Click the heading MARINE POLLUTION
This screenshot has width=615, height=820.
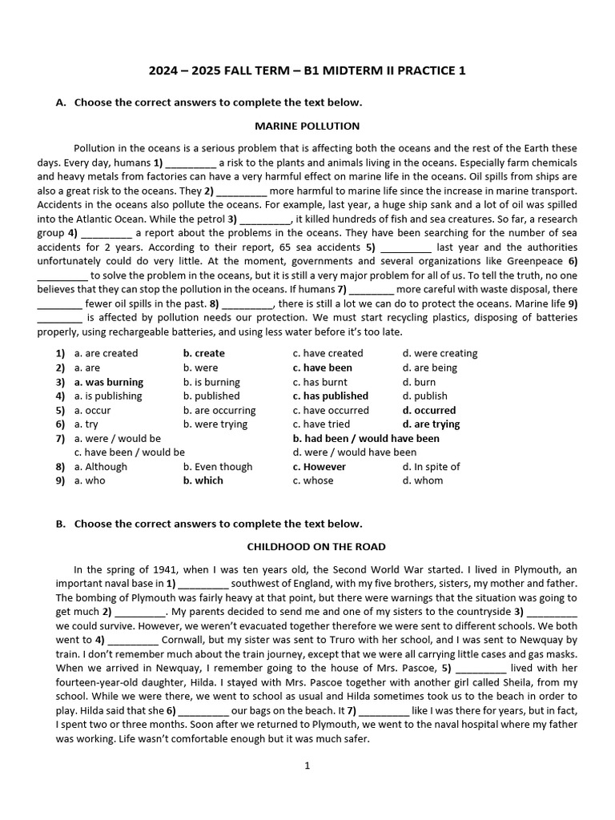[x=307, y=126]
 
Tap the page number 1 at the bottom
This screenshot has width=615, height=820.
[x=307, y=766]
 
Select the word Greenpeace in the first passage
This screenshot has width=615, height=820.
[x=537, y=261]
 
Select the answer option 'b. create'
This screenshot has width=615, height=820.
[x=203, y=353]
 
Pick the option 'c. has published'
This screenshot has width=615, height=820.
[x=330, y=396]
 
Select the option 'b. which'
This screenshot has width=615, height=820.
[x=203, y=480]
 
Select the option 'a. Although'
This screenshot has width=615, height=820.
[x=100, y=467]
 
